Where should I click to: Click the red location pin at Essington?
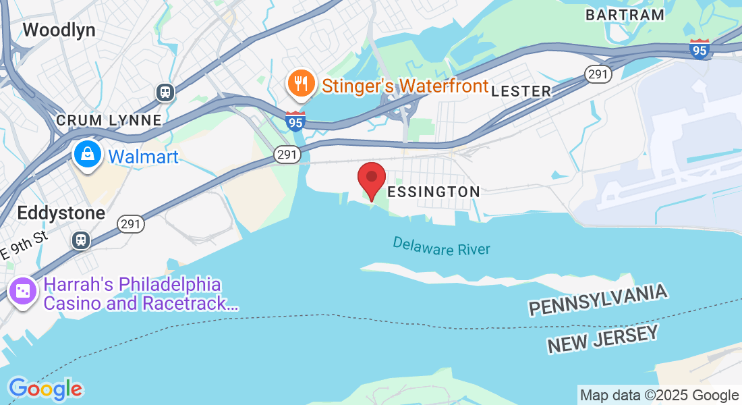(371, 178)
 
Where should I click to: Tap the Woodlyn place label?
(59, 30)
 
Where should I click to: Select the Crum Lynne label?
(109, 120)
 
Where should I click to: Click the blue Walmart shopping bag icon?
(88, 155)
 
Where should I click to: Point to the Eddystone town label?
(61, 213)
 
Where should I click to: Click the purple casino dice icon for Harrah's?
(23, 292)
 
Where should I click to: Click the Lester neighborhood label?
(521, 91)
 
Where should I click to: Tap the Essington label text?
(434, 192)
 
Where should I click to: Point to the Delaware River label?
(441, 246)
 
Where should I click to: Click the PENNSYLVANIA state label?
(598, 300)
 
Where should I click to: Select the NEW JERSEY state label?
(602, 338)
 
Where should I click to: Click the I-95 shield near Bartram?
(700, 49)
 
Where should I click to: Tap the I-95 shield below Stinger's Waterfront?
(295, 122)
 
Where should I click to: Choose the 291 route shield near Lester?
(598, 74)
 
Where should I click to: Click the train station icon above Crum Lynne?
(165, 92)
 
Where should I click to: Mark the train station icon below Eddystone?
(81, 240)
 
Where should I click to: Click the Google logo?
(45, 388)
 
